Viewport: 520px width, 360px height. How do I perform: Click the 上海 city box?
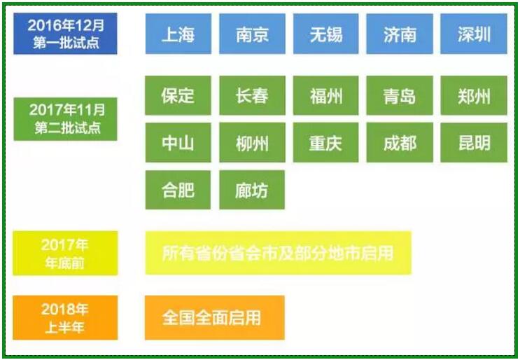point(178,34)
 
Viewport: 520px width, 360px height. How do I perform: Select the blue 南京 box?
point(253,34)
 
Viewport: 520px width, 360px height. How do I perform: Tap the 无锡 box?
point(326,34)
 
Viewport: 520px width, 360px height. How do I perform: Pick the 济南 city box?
point(400,34)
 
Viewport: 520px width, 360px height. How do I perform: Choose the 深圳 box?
point(474,34)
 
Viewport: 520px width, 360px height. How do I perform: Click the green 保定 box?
point(178,95)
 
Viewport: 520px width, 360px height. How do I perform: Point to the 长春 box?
point(253,95)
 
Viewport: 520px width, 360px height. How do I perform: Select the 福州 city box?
point(326,95)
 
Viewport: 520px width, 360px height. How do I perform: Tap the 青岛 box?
point(400,95)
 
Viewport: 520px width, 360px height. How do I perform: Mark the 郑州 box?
point(474,95)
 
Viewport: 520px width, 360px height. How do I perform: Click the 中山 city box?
point(178,143)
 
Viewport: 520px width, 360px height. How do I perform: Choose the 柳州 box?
point(253,143)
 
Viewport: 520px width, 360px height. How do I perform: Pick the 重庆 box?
point(326,143)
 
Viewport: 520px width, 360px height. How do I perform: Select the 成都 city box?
point(400,143)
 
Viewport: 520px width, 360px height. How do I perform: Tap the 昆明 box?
point(474,143)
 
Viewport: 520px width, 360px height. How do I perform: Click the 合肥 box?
point(178,190)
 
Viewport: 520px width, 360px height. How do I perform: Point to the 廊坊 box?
point(252,190)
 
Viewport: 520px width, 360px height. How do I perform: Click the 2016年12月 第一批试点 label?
point(65,34)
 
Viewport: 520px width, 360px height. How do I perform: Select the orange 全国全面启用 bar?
point(215,317)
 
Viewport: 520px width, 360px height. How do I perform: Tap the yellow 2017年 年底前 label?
point(65,253)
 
